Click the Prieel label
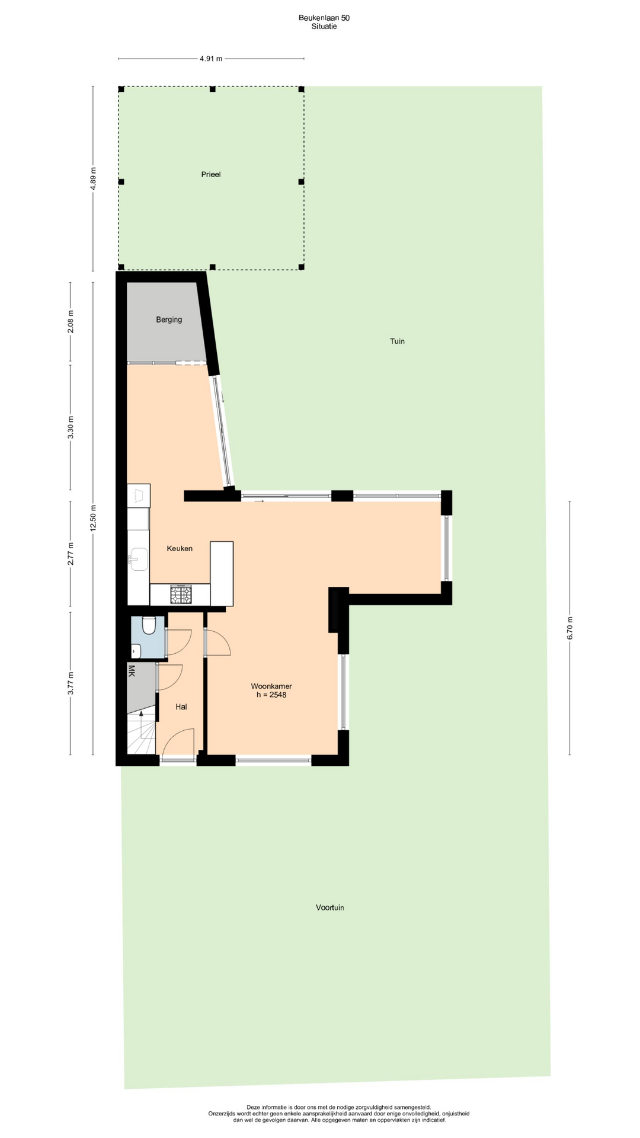211,174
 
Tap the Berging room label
169,319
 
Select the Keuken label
180,548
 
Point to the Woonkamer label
271,686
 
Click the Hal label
181,707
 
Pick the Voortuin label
330,907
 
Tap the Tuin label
397,341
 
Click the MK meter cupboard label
132,671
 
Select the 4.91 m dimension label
211,59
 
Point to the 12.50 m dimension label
93,519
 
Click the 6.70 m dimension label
570,628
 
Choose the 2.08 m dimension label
71,322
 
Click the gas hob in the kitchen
181,594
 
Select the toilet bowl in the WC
149,625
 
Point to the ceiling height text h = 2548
271,695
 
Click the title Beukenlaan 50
324,18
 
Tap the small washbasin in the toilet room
136,651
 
